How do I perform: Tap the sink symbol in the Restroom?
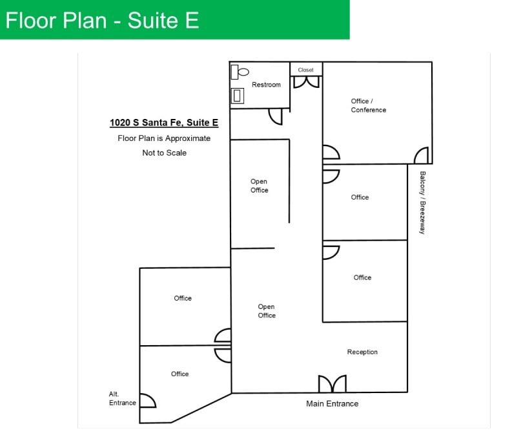(238, 96)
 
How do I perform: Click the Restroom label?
(266, 85)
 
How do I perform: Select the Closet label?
(305, 70)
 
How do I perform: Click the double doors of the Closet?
(306, 82)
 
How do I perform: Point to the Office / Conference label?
(369, 105)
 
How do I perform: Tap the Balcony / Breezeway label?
(422, 202)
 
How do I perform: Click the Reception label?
(362, 352)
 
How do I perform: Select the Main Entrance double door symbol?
(332, 384)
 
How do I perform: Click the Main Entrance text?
(332, 403)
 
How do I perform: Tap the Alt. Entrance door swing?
(147, 401)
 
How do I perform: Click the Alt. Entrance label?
(122, 398)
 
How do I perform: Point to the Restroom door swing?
(276, 116)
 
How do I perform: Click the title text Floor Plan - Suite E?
(102, 20)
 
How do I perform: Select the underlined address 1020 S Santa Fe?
(164, 122)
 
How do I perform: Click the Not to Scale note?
(164, 153)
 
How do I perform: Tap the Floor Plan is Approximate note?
(164, 138)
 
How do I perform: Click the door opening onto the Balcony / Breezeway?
(421, 156)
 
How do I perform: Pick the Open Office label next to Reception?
(267, 311)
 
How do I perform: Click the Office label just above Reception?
(362, 277)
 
